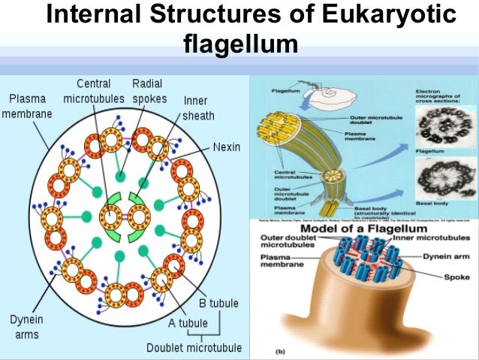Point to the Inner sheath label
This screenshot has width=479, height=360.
(198, 108)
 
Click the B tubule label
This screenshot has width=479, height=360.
(218, 304)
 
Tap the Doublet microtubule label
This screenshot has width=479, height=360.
(194, 347)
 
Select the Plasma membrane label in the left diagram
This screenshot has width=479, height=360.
(26, 106)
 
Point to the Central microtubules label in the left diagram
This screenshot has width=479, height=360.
(93, 91)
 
